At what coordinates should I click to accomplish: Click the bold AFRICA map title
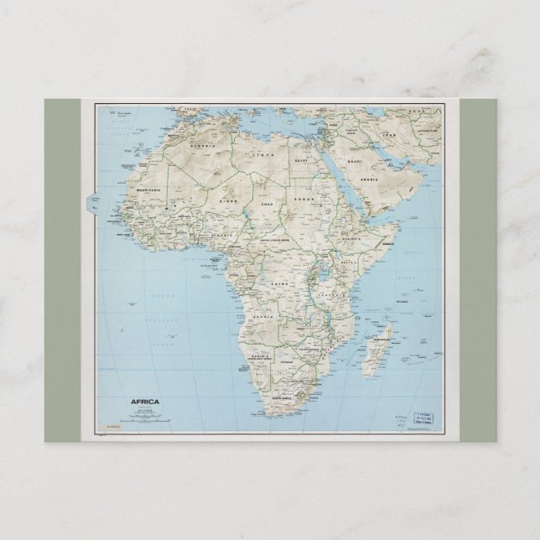click(x=144, y=402)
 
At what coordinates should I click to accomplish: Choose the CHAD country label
click(x=267, y=204)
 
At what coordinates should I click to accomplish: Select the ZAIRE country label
click(x=278, y=285)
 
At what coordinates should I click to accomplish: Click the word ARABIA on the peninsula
click(x=367, y=179)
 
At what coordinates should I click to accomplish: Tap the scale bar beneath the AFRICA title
click(x=143, y=413)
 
